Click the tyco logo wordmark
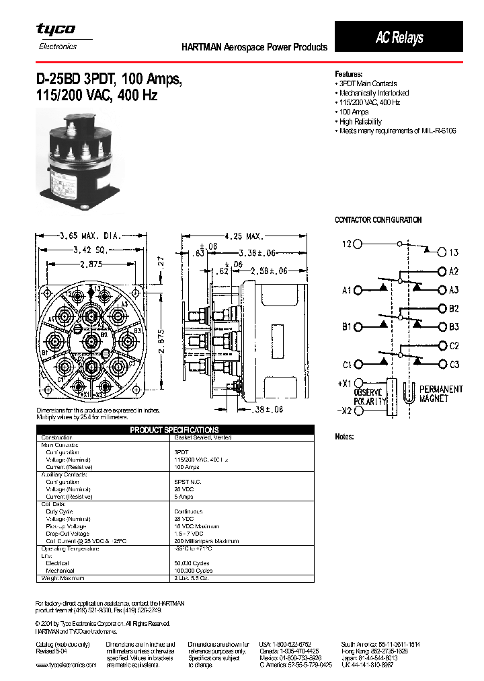[x=56, y=30]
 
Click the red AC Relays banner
[x=399, y=37]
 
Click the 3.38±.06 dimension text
[x=257, y=253]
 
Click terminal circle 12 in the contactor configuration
[x=358, y=244]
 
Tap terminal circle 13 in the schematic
[x=442, y=252]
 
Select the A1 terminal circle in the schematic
[x=358, y=290]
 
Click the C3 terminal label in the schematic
[x=454, y=364]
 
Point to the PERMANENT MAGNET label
[x=440, y=394]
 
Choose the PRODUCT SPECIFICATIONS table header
[x=174, y=429]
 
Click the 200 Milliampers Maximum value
[x=206, y=541]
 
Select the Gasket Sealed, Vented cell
[x=202, y=437]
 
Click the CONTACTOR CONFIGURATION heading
[x=378, y=220]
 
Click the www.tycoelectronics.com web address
[x=66, y=664]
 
